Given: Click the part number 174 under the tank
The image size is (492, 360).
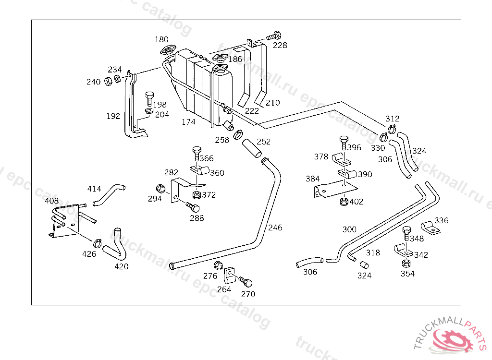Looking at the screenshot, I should click(x=188, y=122).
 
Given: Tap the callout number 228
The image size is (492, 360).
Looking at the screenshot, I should click(x=280, y=45).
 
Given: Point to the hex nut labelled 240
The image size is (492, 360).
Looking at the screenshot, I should click(x=108, y=81).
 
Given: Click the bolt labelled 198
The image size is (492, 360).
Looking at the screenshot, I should click(x=149, y=98).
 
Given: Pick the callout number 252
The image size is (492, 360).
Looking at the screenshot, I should click(x=263, y=142).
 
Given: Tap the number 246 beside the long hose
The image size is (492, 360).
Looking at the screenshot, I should click(x=275, y=227).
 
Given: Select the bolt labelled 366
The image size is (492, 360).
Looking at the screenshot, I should click(x=197, y=153).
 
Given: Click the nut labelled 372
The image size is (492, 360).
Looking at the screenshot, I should click(x=196, y=195).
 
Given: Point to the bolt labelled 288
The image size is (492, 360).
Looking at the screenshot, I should click(x=193, y=208).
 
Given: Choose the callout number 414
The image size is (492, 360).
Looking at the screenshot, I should click(x=94, y=189).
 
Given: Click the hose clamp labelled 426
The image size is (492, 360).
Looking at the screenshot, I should click(x=98, y=242).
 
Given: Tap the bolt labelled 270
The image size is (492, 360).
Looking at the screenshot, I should click(x=246, y=282).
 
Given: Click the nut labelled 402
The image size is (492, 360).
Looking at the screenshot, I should click(x=344, y=201).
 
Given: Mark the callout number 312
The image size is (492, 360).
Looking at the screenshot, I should click(x=392, y=119).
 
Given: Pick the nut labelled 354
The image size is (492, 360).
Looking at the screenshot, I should click(x=406, y=263).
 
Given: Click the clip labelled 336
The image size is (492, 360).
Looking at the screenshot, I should click(x=429, y=227).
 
